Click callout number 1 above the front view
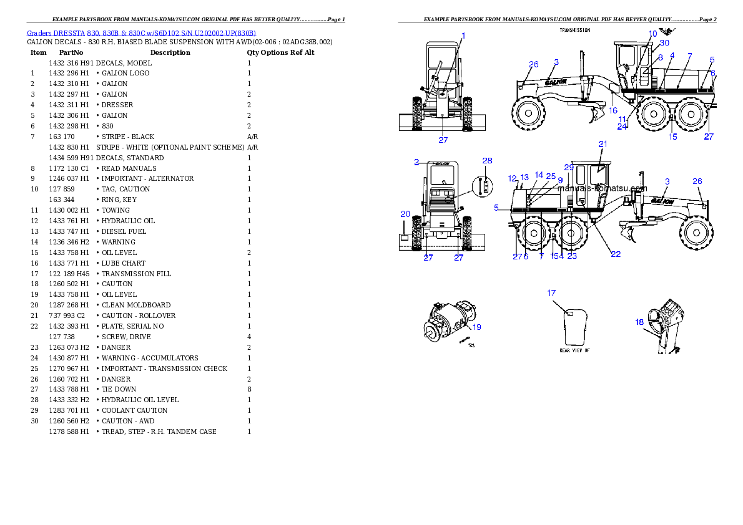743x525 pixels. click(x=463, y=36)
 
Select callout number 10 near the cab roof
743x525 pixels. click(x=652, y=34)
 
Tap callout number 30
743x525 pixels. click(x=664, y=43)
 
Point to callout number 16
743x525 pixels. click(x=614, y=110)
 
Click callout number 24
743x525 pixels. click(x=622, y=127)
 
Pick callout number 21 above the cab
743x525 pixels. click(x=603, y=144)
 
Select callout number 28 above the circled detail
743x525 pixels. click(x=488, y=161)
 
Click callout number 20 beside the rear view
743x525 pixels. click(x=405, y=214)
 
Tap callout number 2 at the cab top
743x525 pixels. click(x=416, y=162)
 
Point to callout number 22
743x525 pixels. click(x=616, y=254)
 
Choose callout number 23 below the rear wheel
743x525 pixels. click(x=572, y=256)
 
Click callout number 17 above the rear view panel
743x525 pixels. click(x=551, y=292)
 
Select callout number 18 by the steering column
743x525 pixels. click(x=639, y=322)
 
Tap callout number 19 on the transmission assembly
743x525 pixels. click(x=476, y=327)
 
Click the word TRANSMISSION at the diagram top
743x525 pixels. click(x=574, y=30)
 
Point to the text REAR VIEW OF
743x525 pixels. click(x=574, y=350)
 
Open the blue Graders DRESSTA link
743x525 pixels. click(x=141, y=32)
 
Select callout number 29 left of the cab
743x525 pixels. click(x=569, y=167)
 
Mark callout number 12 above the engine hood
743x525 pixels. click(x=513, y=178)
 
